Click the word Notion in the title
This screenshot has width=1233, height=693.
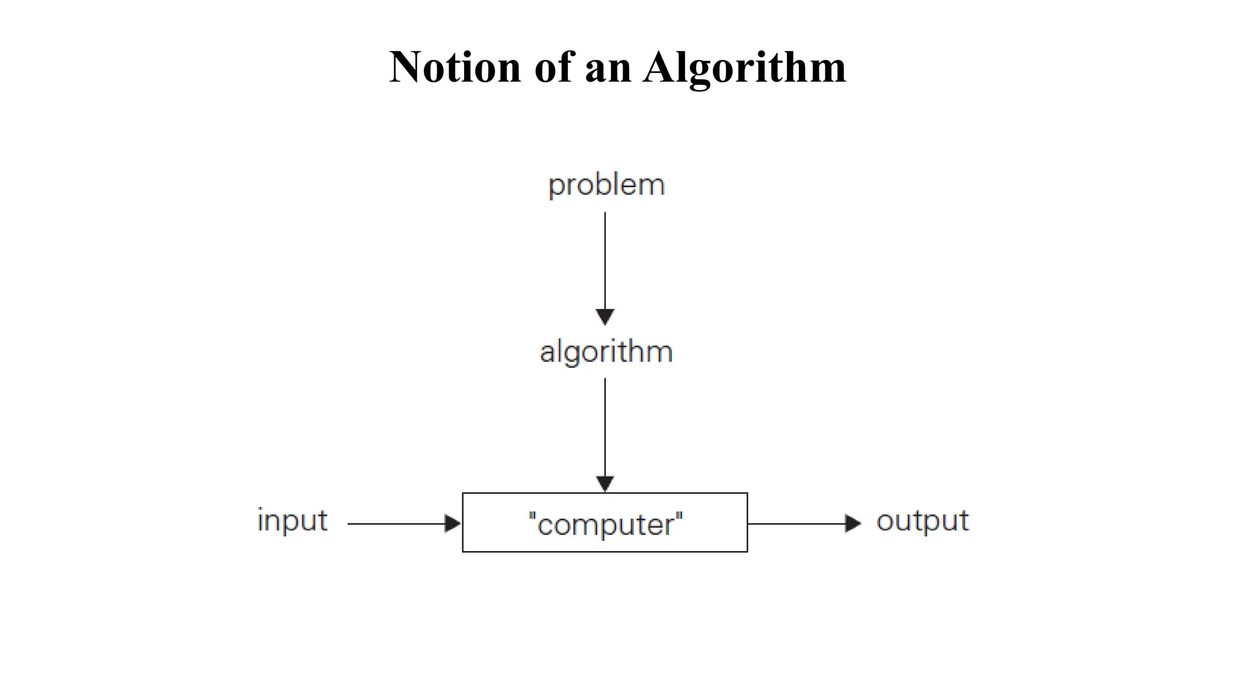455,67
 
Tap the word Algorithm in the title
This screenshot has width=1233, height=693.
744,68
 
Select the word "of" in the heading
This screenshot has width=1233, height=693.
553,67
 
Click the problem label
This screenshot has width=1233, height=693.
606,185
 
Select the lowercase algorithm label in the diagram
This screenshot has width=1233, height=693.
606,352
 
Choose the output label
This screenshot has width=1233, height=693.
922,521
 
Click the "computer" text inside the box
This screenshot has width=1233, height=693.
605,524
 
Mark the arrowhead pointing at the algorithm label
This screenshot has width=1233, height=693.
605,316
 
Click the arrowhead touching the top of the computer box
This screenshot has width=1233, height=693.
605,483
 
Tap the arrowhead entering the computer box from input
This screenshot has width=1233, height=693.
452,523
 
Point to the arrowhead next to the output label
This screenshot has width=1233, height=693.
853,523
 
